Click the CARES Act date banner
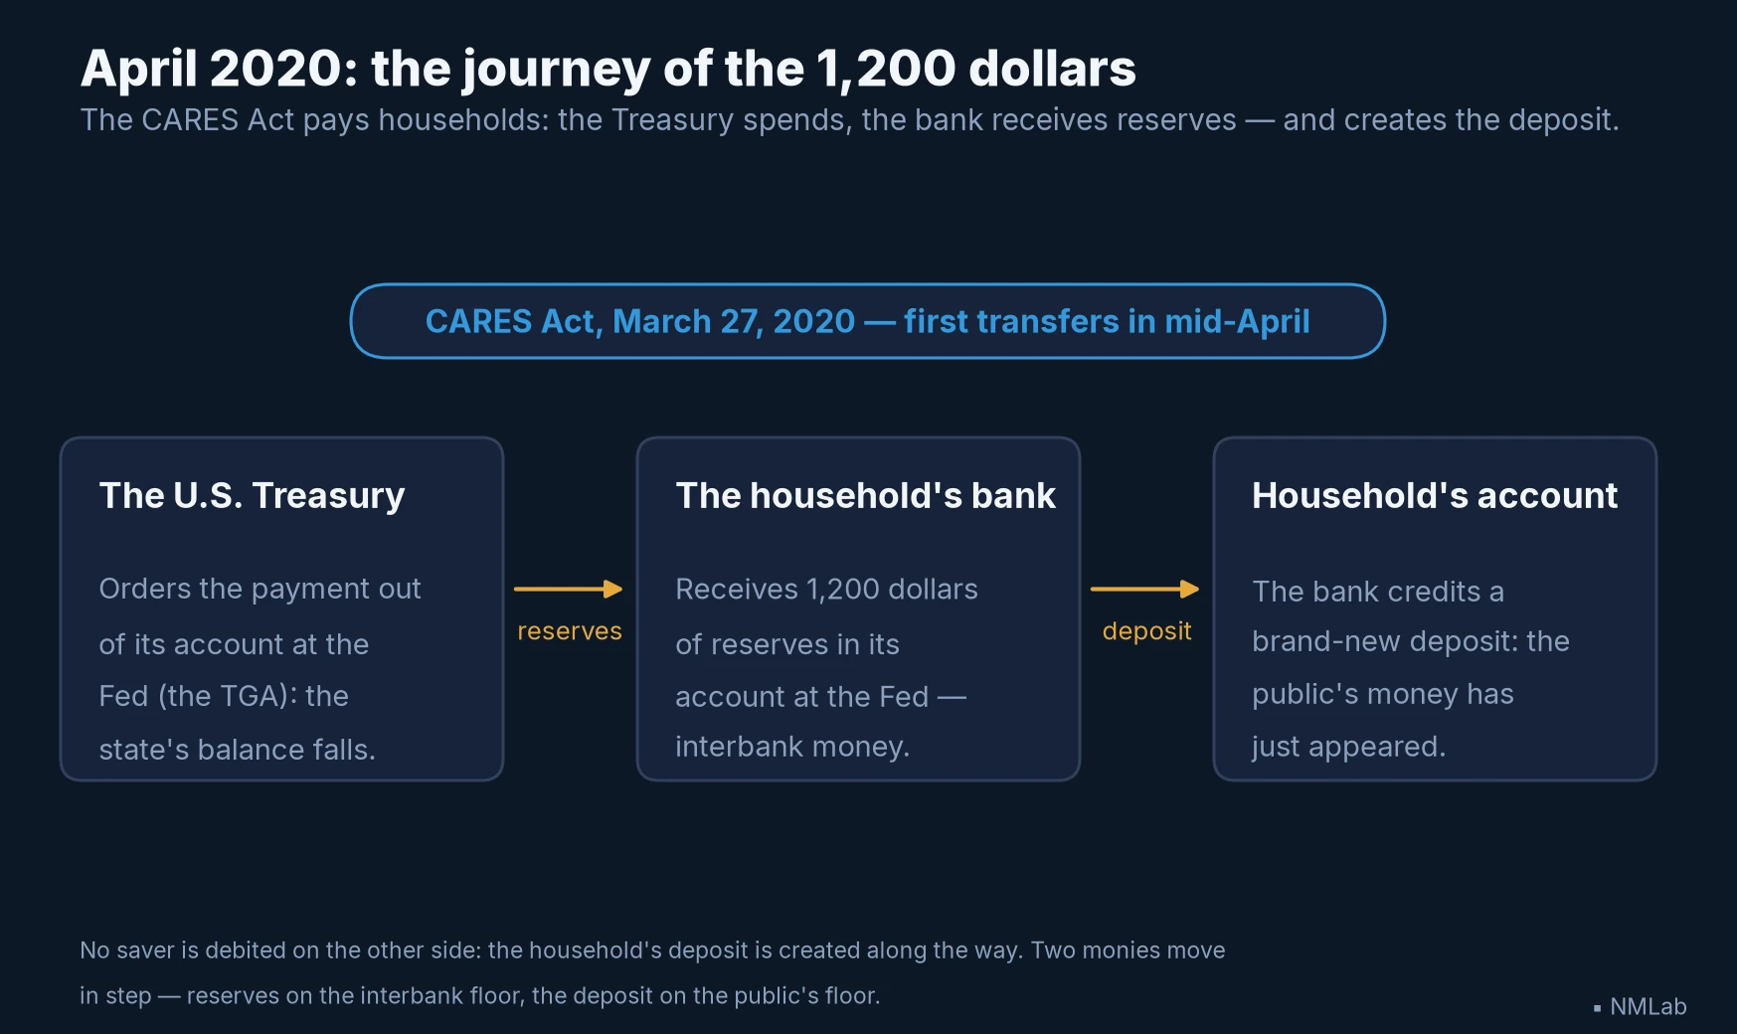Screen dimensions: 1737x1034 pyautogui.click(x=867, y=321)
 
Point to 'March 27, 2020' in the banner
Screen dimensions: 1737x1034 pyautogui.click(x=734, y=322)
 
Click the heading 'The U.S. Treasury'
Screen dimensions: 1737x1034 pyautogui.click(x=253, y=495)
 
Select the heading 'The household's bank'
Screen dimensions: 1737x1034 pyautogui.click(x=865, y=495)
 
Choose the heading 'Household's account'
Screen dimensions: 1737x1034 pyautogui.click(x=1435, y=495)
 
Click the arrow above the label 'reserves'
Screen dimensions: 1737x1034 pyautogui.click(x=568, y=590)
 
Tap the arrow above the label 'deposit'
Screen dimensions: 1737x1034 pyautogui.click(x=1144, y=590)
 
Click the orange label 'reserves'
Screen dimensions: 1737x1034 pyautogui.click(x=570, y=631)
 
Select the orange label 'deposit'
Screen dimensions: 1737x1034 pyautogui.click(x=1146, y=632)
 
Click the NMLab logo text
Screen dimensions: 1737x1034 pyautogui.click(x=1648, y=1006)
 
